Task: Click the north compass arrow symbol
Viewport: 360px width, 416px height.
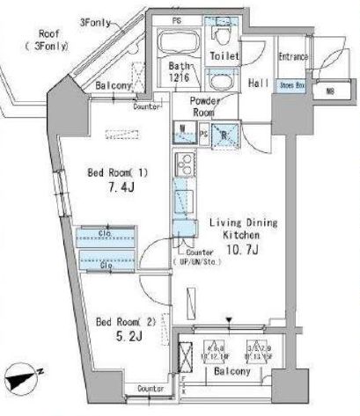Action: tap(18, 379)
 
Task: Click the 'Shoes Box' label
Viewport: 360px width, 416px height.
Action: tap(290, 85)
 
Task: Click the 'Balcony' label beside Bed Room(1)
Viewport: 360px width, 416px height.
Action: tap(114, 85)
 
